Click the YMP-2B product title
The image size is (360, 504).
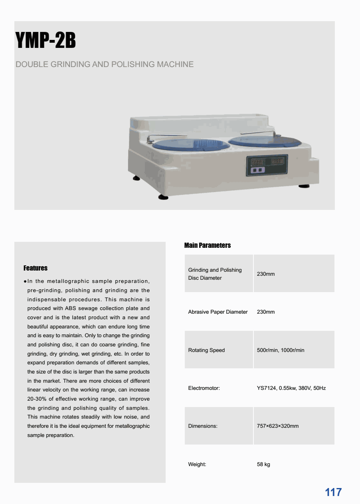tap(45, 41)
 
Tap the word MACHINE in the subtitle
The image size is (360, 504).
tap(175, 64)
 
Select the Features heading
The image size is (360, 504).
tap(36, 268)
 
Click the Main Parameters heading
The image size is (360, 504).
tap(208, 245)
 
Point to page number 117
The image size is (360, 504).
tap(333, 492)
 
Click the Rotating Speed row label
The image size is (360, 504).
tap(206, 350)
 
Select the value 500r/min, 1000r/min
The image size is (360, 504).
tap(281, 350)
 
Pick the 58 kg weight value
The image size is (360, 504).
tap(263, 464)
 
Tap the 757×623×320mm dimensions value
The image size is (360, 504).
tap(278, 426)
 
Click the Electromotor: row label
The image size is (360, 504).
tap(204, 388)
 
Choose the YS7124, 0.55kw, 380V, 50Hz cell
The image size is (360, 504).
tap(291, 388)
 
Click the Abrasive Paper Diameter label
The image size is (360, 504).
tap(218, 312)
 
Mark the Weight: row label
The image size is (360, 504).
tap(197, 464)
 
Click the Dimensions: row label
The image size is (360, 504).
tap(203, 426)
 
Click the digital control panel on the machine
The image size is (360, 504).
tap(267, 165)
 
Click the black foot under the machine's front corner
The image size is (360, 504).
tap(163, 197)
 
